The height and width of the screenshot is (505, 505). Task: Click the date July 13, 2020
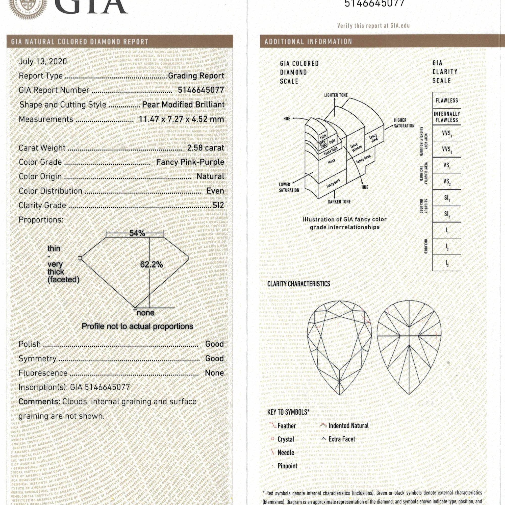point(43,61)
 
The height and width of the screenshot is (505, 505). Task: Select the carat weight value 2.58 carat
point(206,148)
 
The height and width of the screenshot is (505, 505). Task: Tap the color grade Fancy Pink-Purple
point(190,162)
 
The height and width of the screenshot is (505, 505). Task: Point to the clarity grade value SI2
point(218,205)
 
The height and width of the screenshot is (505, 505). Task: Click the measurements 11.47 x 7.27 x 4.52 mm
point(181,119)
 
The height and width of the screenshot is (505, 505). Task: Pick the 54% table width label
point(137,233)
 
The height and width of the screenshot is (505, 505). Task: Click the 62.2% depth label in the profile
point(151,265)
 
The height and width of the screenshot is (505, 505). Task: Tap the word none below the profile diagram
point(146,313)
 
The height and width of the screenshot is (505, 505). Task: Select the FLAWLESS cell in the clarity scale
point(446,101)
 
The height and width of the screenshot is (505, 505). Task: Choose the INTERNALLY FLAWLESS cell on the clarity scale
point(446,117)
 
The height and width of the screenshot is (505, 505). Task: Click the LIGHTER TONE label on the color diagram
point(336,95)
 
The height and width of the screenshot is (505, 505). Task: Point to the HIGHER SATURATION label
point(404,123)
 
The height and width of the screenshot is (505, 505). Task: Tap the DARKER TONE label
point(339,202)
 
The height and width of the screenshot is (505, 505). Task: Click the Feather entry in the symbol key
point(287,426)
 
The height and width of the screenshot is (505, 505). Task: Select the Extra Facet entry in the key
point(342,439)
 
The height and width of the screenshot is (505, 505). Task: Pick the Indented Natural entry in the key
point(348,425)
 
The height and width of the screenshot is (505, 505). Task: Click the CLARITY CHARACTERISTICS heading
point(298,284)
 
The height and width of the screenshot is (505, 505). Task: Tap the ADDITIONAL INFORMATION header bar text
point(308,42)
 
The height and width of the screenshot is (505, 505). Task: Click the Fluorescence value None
point(214,373)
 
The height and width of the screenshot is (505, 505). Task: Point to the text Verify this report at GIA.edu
point(373,26)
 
